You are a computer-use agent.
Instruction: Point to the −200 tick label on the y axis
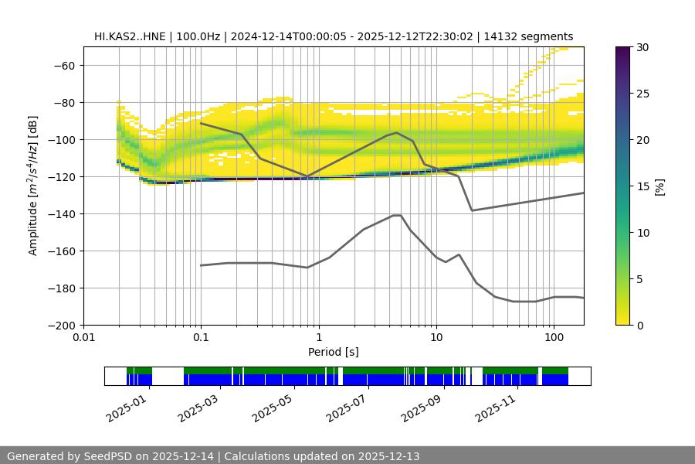pyautogui.click(x=62, y=325)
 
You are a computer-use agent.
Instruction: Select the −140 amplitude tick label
pyautogui.click(x=62, y=213)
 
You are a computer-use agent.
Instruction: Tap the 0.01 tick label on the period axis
pyautogui.click(x=83, y=337)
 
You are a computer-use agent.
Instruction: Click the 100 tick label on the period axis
pyautogui.click(x=553, y=337)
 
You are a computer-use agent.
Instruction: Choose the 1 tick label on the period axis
pyautogui.click(x=318, y=337)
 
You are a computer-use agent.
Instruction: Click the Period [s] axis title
pyautogui.click(x=333, y=352)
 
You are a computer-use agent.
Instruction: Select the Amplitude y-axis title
pyautogui.click(x=33, y=186)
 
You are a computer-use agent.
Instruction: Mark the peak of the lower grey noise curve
pyautogui.click(x=397, y=215)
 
